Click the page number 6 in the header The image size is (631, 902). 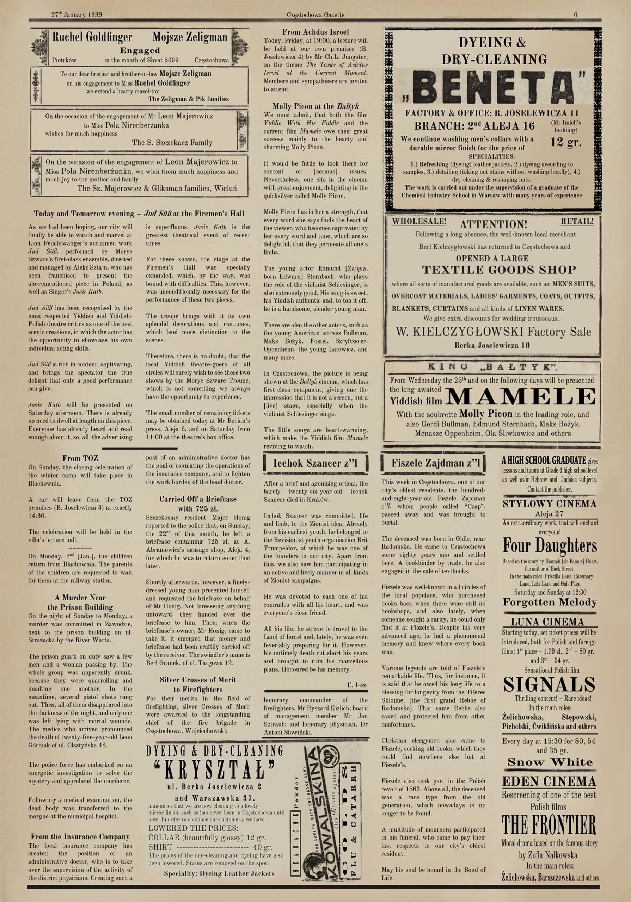click(x=576, y=15)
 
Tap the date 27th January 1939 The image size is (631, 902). click(x=76, y=15)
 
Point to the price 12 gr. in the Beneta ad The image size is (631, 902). click(x=566, y=142)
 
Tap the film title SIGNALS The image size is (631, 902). click(x=549, y=684)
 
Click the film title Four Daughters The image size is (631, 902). click(x=550, y=546)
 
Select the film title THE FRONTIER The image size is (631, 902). click(x=549, y=825)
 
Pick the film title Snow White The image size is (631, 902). click(x=550, y=762)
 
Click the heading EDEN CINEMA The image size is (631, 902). click(x=549, y=781)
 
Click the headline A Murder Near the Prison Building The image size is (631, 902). click(x=80, y=602)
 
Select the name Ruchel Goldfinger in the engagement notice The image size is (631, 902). click(x=92, y=37)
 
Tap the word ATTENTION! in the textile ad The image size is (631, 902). click(x=493, y=225)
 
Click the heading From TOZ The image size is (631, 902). click(x=80, y=458)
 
